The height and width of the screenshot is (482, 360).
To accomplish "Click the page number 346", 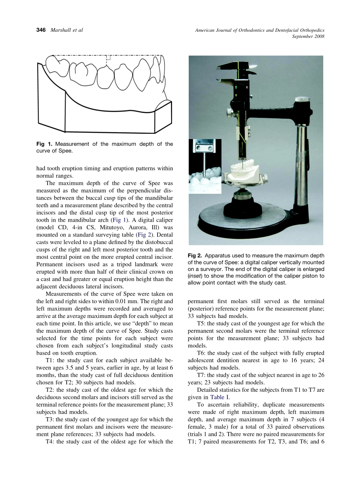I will pyautogui.click(x=41, y=30).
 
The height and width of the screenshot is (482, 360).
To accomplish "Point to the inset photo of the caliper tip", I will pyautogui.click(x=205, y=166).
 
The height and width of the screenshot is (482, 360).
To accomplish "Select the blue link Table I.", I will pyautogui.click(x=220, y=397).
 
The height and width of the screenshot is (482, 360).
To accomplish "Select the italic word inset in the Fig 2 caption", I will pyautogui.click(x=195, y=276).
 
